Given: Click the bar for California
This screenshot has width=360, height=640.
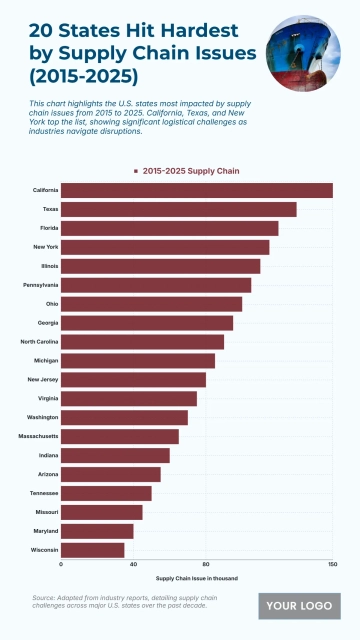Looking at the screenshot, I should point(197,190).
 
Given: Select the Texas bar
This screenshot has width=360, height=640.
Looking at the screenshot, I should point(179,209).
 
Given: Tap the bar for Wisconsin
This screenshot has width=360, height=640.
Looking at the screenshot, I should point(93,550).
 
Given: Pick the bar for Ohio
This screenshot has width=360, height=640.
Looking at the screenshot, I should point(152,304).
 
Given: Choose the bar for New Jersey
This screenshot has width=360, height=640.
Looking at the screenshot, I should point(134,380).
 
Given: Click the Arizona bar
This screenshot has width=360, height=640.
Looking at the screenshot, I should point(111,474).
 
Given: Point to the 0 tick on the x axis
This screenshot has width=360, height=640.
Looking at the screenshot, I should point(61,565).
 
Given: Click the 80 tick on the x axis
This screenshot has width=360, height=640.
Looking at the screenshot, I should point(206,565).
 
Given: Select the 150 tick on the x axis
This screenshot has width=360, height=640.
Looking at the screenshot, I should point(332,565).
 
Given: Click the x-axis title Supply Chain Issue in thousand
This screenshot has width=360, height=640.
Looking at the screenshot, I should point(196,578).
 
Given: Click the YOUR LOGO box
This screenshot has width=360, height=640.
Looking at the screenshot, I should point(299,606).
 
